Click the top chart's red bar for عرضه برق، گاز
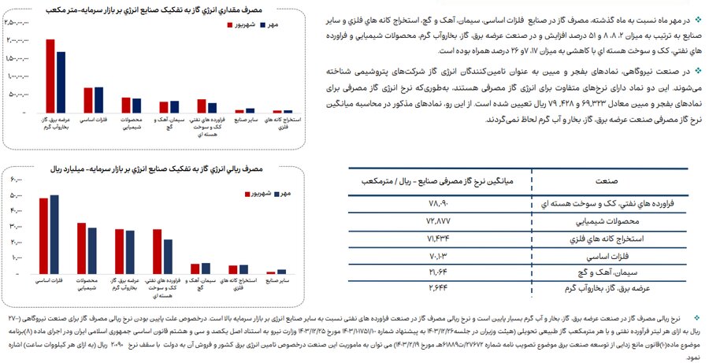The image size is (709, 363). pyautogui.click(x=50, y=76)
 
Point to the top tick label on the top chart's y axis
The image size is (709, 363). pyautogui.click(x=17, y=23)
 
